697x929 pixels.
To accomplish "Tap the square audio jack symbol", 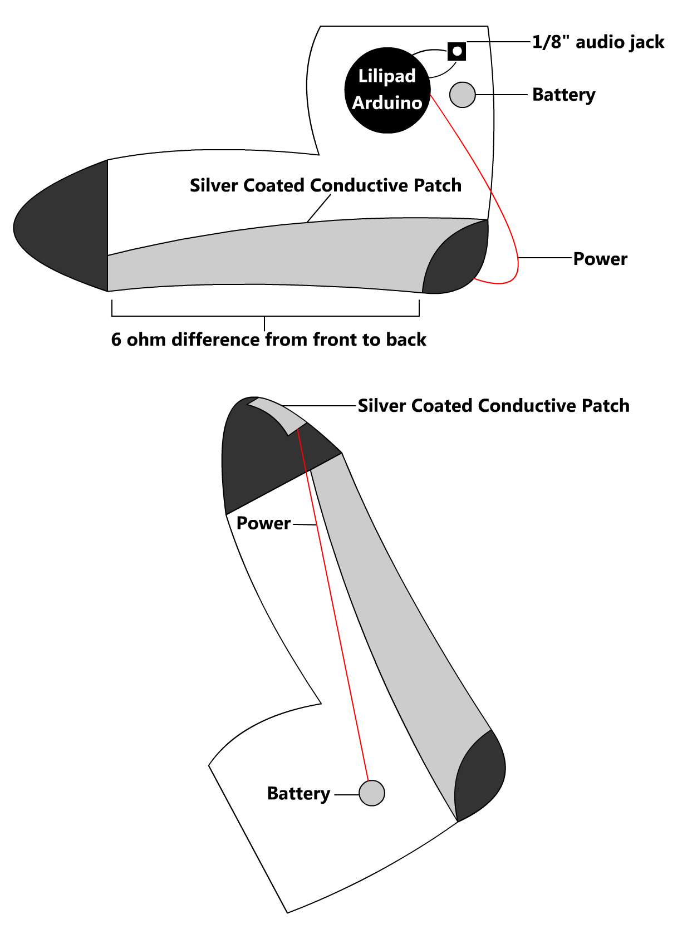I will [457, 51].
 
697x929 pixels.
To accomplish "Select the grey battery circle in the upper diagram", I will [462, 95].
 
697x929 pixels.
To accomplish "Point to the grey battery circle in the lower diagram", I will [372, 793].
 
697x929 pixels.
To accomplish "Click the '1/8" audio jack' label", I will [598, 42].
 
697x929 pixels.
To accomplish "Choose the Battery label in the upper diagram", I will [563, 95].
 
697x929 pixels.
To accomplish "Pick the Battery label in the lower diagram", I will [298, 793].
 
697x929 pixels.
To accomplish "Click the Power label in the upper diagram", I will [600, 259].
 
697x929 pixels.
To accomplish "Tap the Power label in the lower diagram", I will [263, 523].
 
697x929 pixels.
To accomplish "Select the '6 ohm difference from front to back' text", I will [268, 340].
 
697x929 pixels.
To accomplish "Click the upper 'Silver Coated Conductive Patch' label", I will [326, 185].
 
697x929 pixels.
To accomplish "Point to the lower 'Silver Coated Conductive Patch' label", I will [493, 406].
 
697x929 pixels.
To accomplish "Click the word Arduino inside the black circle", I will [387, 103].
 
